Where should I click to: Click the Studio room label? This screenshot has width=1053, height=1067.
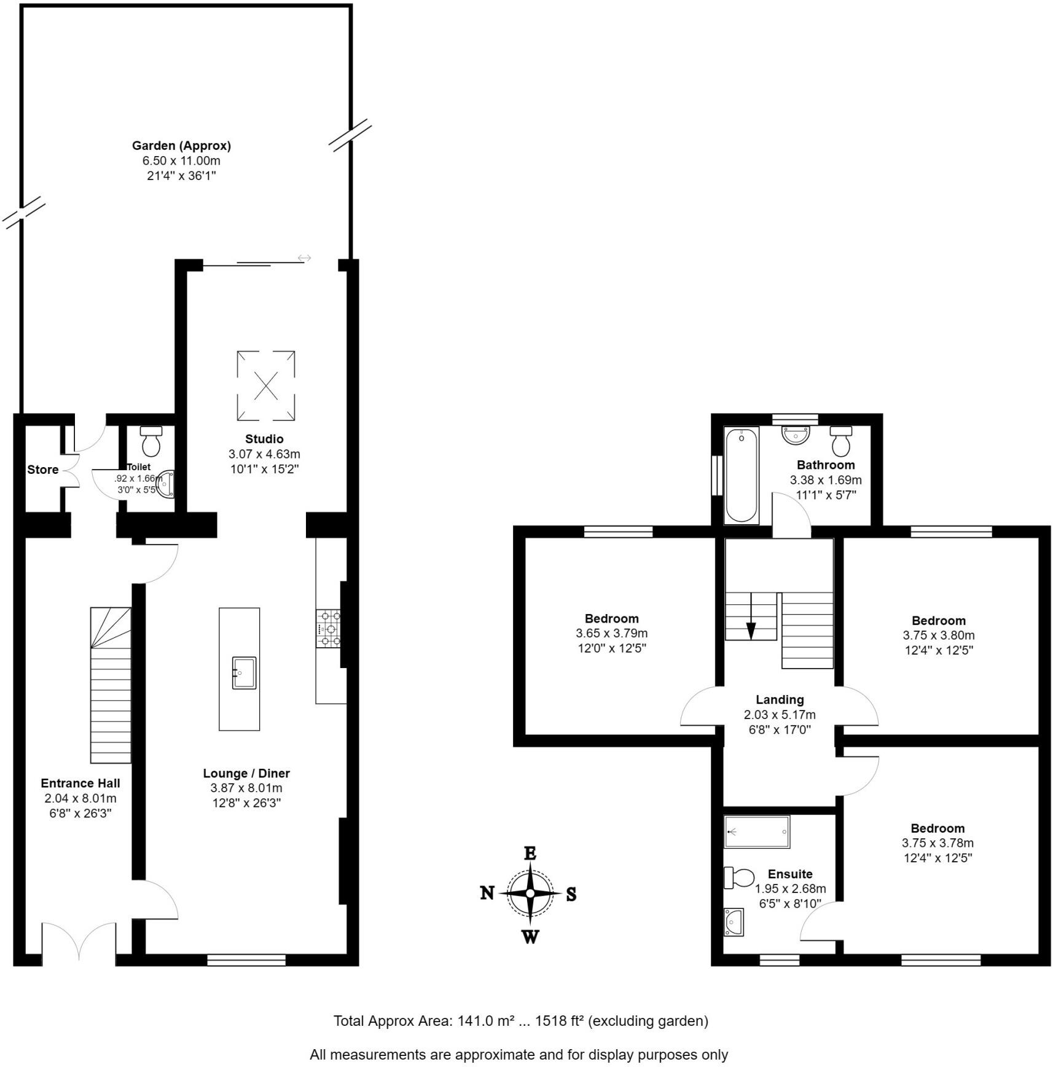click(x=264, y=439)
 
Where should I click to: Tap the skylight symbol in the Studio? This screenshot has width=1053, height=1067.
click(x=265, y=385)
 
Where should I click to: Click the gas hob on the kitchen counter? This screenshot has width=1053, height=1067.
click(x=329, y=628)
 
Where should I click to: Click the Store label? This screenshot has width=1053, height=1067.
click(x=43, y=470)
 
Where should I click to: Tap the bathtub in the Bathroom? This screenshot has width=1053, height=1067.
click(x=741, y=475)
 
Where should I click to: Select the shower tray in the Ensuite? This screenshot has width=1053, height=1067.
click(x=756, y=832)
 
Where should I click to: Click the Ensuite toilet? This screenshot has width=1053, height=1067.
click(x=739, y=878)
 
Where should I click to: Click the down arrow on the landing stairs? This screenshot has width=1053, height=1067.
click(x=751, y=630)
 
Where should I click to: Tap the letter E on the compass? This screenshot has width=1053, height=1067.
click(x=530, y=853)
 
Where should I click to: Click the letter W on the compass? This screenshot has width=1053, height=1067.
click(x=530, y=937)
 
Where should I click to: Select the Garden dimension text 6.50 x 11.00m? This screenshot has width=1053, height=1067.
click(x=181, y=161)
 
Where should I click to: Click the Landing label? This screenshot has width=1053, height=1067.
click(x=780, y=699)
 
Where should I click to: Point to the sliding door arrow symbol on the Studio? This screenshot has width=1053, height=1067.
click(x=305, y=258)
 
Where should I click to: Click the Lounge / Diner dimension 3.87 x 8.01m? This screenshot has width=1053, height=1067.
click(x=246, y=788)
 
